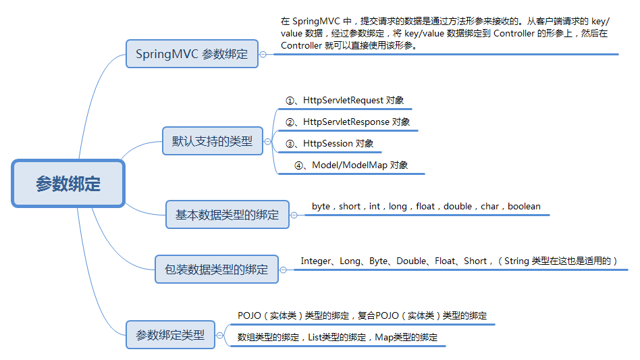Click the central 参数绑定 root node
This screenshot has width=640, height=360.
[68, 183]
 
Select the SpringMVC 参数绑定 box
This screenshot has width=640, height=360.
[192, 54]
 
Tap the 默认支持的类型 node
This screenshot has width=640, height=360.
[212, 141]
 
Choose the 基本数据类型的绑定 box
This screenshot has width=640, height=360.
[227, 215]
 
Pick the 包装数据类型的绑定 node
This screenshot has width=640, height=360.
[216, 269]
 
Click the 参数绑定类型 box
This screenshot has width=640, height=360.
[170, 334]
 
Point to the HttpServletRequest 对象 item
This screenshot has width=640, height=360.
[345, 101]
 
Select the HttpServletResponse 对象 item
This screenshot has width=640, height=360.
[348, 122]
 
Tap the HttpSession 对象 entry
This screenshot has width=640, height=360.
[329, 144]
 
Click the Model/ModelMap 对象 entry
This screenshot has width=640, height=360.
[351, 165]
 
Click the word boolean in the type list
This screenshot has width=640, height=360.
[524, 206]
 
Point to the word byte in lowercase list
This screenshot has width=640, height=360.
[321, 206]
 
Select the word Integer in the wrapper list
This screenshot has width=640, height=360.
[316, 261]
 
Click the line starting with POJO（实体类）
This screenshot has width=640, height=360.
[363, 315]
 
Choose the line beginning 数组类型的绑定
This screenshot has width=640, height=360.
[338, 337]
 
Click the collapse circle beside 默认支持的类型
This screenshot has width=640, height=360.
[268, 142]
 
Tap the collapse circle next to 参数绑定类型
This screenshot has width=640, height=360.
[219, 334]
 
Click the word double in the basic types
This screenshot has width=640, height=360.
[458, 206]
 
